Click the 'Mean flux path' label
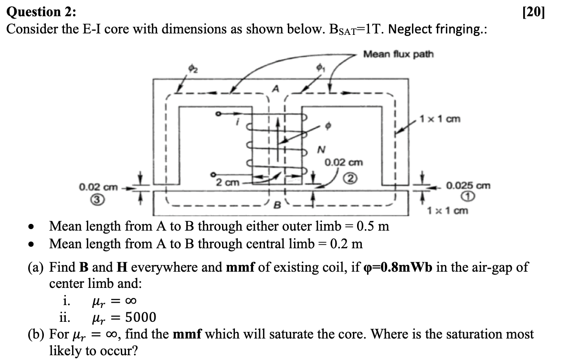398,54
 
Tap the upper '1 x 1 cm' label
439,118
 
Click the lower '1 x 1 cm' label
448,210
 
